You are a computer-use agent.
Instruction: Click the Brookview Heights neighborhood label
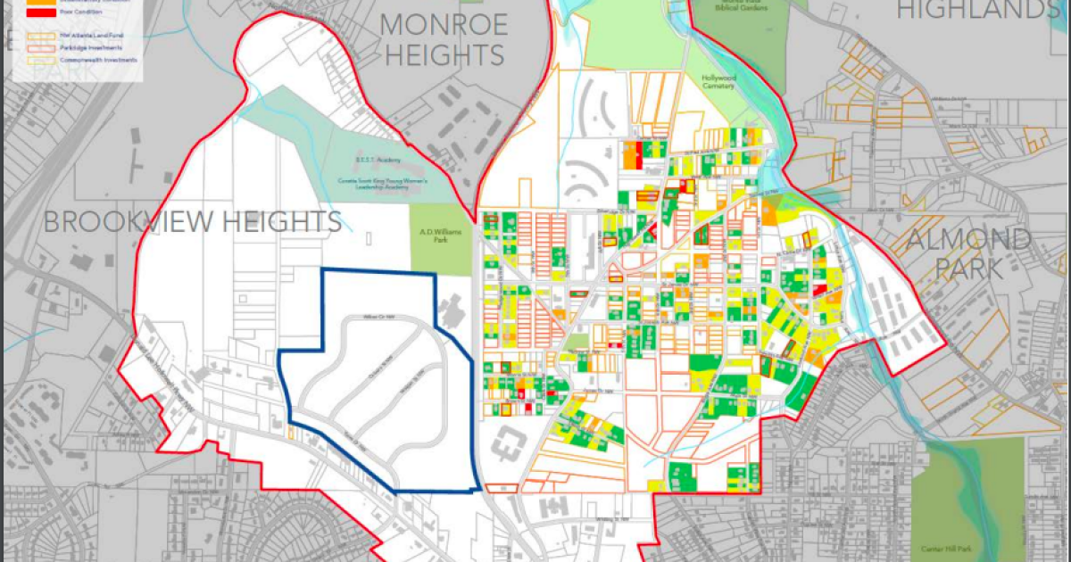pyautogui.click(x=192, y=222)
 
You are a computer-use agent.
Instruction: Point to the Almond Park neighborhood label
pyautogui.click(x=968, y=253)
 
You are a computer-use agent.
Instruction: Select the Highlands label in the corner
pyautogui.click(x=973, y=11)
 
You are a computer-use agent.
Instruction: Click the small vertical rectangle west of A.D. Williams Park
pyautogui.click(x=369, y=239)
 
